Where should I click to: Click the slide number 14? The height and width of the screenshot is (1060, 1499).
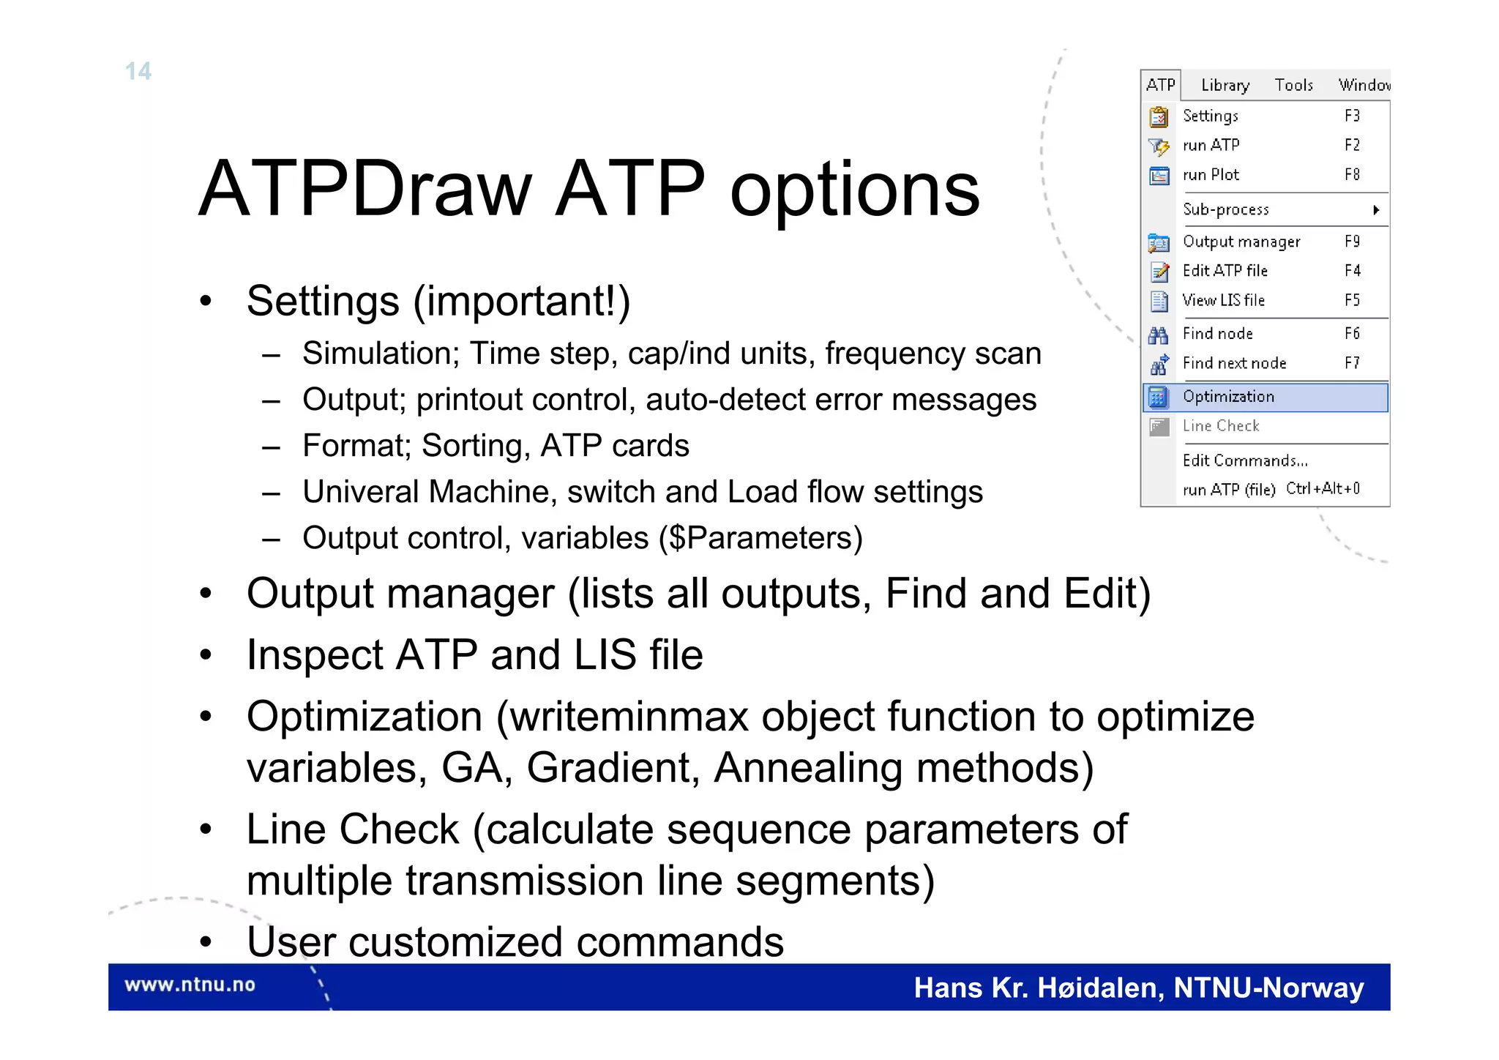point(138,71)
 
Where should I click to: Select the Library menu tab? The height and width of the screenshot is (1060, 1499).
point(1225,85)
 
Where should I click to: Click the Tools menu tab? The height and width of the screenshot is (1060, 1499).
point(1293,85)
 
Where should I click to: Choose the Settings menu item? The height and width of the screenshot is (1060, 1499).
point(1210,116)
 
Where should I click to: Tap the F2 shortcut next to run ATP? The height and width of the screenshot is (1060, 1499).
point(1351,145)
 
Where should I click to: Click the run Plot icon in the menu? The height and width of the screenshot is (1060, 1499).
point(1159,176)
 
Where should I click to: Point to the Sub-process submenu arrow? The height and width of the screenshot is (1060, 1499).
point(1376,210)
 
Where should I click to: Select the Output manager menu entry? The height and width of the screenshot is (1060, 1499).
point(1241,242)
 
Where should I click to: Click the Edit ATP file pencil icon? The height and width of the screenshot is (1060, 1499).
point(1159,272)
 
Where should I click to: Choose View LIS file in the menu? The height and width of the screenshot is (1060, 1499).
point(1223,300)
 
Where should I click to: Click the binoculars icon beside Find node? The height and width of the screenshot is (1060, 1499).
point(1158,335)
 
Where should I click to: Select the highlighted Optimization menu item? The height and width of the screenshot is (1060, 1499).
point(1228,397)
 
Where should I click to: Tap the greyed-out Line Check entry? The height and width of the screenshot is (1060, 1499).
point(1220,426)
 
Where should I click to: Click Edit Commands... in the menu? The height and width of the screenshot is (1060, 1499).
point(1244,460)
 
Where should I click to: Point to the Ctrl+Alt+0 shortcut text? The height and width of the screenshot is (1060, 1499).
point(1323,488)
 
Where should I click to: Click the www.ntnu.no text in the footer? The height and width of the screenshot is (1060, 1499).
point(190,985)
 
